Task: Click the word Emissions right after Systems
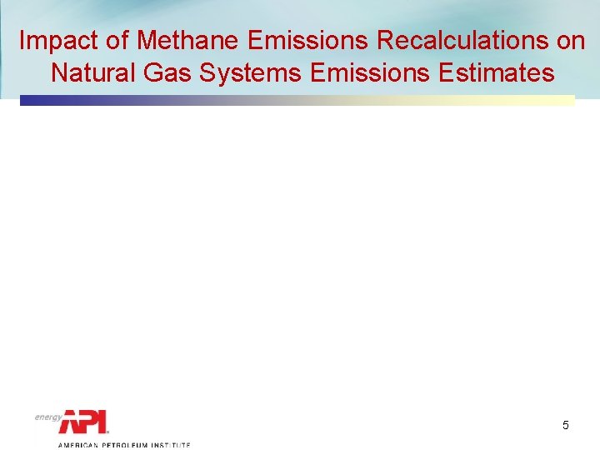(371, 73)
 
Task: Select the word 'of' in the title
(117, 41)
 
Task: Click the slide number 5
(566, 426)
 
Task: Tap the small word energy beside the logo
(48, 417)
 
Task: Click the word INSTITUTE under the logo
(171, 445)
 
